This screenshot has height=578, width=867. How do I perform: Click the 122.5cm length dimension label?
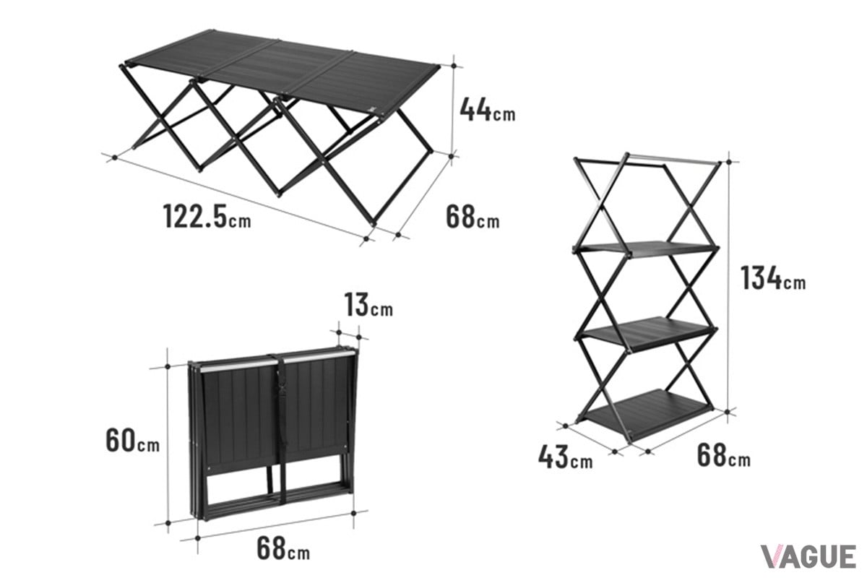[207, 216]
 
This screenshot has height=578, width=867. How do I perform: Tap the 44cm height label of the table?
[487, 110]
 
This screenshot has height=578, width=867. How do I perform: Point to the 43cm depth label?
[565, 457]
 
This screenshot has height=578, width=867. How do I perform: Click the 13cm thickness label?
[368, 305]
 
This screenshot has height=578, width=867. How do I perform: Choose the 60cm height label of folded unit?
[132, 440]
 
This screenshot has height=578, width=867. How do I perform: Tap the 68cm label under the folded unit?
[283, 548]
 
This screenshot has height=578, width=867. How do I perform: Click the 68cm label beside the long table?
[473, 217]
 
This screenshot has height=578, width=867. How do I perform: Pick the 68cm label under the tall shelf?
[723, 456]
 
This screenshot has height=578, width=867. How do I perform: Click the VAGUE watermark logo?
[808, 556]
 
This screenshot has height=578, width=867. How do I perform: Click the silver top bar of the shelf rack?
[673, 158]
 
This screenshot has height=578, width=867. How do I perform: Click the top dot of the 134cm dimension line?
[729, 162]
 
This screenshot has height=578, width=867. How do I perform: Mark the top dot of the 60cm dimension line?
[168, 366]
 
